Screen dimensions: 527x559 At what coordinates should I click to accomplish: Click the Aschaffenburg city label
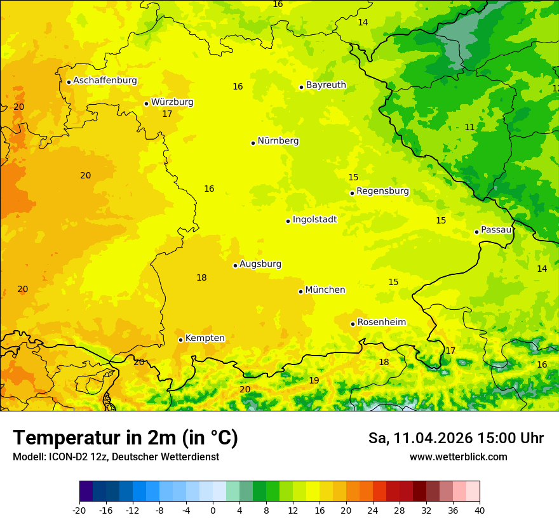pos(105,81)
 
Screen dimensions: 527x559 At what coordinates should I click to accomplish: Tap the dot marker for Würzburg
pos(146,103)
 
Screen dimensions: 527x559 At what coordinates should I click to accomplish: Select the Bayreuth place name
pos(326,85)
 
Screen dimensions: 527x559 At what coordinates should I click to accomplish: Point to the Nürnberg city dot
pos(253,143)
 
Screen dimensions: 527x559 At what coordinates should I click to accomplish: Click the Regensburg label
pos(382,191)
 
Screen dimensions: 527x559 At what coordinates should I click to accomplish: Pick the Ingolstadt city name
pos(314,220)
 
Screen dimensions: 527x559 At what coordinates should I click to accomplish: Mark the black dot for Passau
pos(476,232)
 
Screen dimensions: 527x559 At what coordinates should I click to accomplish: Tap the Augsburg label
pos(260,264)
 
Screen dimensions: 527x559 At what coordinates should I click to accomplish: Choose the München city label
pos(325,290)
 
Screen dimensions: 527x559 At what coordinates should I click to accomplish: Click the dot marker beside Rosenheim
pos(353,324)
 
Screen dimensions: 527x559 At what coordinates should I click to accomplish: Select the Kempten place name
pos(205,338)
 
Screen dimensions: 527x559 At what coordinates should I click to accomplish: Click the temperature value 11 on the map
pos(469,128)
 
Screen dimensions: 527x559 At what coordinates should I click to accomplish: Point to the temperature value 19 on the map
pos(314,381)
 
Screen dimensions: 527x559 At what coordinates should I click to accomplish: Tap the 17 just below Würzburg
pos(167,114)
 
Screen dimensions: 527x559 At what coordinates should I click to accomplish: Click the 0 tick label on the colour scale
pos(213,510)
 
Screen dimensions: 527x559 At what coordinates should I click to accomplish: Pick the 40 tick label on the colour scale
pos(480,510)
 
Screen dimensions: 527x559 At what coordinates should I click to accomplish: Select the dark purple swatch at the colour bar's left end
pos(86,491)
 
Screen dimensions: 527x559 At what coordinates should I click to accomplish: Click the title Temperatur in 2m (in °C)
pos(125,438)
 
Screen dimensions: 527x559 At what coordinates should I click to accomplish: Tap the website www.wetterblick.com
pos(458,457)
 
